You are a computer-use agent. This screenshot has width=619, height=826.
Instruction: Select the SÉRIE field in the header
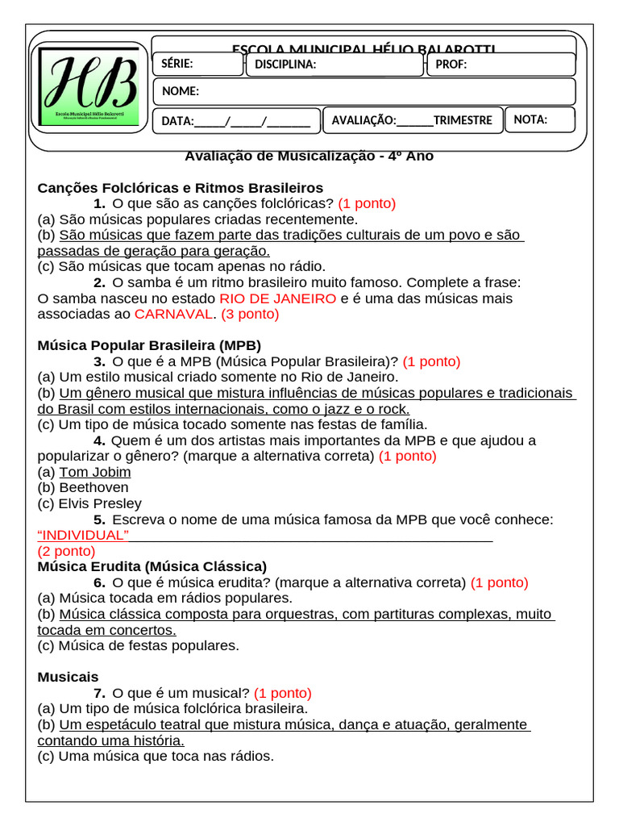[x=197, y=65]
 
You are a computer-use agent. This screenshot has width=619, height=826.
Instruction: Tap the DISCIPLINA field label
[x=285, y=65]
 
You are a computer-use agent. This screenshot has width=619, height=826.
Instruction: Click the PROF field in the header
[x=500, y=65]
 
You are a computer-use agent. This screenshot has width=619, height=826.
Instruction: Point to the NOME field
[x=364, y=91]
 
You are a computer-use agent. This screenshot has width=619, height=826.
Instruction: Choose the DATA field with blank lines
[x=236, y=120]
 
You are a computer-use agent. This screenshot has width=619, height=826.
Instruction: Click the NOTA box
[x=540, y=119]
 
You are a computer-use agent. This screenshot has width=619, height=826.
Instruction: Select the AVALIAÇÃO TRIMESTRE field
[x=412, y=120]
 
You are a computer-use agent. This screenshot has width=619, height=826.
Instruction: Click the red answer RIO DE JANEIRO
[x=277, y=298]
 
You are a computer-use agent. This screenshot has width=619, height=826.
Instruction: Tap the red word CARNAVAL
[x=176, y=314]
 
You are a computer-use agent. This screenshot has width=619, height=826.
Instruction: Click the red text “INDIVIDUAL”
[x=83, y=535]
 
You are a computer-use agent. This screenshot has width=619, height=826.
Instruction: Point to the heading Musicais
[x=68, y=677]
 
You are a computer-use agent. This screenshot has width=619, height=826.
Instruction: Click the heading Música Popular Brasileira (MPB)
[x=149, y=345]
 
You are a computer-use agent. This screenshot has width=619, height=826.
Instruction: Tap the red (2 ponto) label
[x=66, y=551]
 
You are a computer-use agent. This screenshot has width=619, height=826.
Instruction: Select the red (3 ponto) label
[x=250, y=314]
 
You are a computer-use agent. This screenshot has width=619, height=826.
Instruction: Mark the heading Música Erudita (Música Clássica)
[x=152, y=566]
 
